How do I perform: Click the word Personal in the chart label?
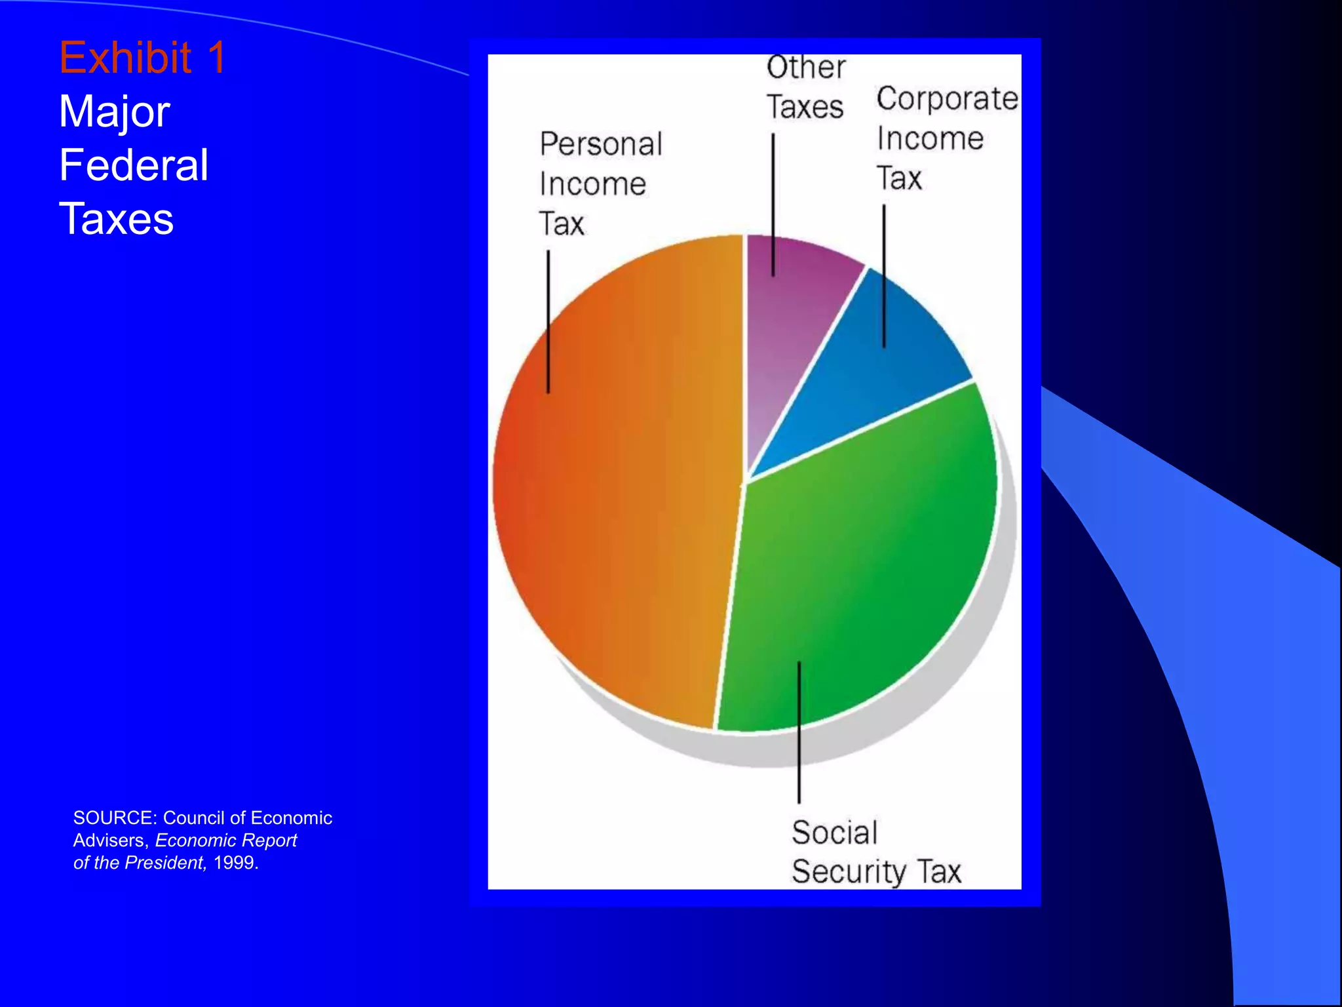[601, 145]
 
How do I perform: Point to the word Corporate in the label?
[947, 100]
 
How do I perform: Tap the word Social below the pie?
[834, 833]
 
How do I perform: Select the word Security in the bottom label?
[849, 873]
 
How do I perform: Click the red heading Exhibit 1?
[142, 58]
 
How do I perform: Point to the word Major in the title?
[115, 111]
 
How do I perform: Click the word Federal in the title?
[134, 165]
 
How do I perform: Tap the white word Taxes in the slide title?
[116, 219]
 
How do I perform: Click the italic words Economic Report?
[226, 840]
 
